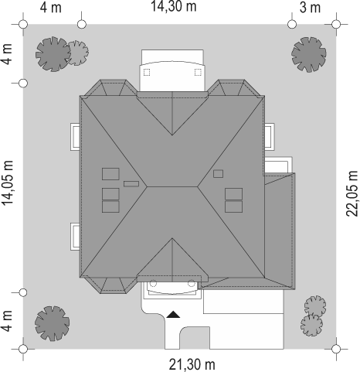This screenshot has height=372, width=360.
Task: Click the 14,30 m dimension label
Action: pyautogui.click(x=173, y=6)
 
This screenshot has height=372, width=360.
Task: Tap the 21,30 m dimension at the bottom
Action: pyautogui.click(x=192, y=364)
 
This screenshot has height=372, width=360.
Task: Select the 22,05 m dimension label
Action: pyautogui.click(x=352, y=193)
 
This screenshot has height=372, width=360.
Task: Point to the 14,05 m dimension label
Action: pyautogui.click(x=8, y=183)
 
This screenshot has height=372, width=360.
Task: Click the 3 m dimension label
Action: pyautogui.click(x=311, y=8)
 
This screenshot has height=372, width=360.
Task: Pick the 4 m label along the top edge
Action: pyautogui.click(x=51, y=8)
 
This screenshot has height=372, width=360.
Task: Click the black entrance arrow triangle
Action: pyautogui.click(x=173, y=314)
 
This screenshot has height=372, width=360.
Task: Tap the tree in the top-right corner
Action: pyautogui.click(x=309, y=54)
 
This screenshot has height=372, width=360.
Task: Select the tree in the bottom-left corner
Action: pyautogui.click(x=53, y=323)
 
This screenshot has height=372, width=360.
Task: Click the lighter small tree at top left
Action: pyautogui.click(x=78, y=53)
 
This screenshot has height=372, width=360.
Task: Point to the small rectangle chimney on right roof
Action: pyautogui.click(x=218, y=174)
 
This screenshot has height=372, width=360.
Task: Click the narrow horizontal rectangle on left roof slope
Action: pyautogui.click(x=131, y=184)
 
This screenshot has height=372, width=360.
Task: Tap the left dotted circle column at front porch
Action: pyautogui.click(x=153, y=284)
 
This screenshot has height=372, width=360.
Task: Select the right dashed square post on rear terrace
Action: pyautogui.click(x=198, y=73)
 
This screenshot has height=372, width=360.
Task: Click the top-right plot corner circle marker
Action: pyautogui.click(x=336, y=24)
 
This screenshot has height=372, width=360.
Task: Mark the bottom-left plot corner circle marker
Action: pyautogui.click(x=23, y=349)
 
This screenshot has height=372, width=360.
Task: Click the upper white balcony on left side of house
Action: pyautogui.click(x=75, y=137)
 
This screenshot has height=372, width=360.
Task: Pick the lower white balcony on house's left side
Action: pyautogui.click(x=75, y=237)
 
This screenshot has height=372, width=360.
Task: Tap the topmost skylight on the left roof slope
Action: pyautogui.click(x=110, y=174)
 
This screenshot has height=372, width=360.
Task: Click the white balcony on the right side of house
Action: pyautogui.click(x=270, y=137)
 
